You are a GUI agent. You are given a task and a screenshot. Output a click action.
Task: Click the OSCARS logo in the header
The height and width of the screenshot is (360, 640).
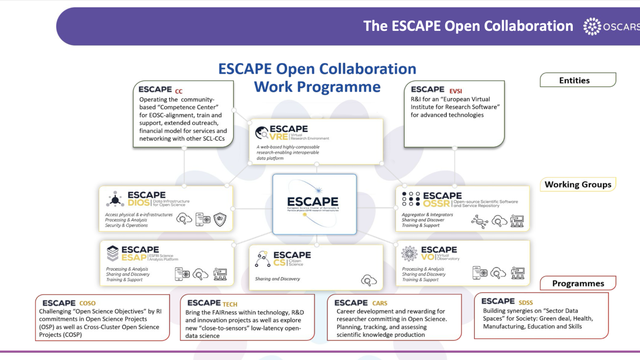611,26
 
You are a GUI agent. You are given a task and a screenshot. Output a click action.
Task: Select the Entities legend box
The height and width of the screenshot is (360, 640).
578,80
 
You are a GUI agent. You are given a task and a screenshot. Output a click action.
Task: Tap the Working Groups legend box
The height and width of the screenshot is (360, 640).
578,184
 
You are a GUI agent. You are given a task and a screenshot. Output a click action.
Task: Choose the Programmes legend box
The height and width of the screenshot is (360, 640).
578,283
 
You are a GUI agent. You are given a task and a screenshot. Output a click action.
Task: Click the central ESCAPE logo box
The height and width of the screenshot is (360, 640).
314,204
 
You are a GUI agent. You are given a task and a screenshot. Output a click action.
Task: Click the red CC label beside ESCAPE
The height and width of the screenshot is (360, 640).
178,92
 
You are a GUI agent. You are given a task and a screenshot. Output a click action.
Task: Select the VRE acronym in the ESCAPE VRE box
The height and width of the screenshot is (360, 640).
279,137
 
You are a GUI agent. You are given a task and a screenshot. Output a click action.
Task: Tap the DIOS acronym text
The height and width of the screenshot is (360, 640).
139,203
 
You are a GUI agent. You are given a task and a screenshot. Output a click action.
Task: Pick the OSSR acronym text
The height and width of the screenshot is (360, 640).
436,204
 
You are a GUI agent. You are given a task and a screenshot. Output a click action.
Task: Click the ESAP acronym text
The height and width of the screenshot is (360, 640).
134,258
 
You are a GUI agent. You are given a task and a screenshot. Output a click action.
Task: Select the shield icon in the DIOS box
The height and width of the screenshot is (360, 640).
220,220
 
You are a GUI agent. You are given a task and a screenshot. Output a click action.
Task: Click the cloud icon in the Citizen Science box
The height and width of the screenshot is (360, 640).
369,280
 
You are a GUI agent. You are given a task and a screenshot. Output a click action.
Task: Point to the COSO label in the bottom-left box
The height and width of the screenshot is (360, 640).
87,304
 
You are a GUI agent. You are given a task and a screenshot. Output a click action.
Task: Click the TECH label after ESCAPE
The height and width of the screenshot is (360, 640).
230,304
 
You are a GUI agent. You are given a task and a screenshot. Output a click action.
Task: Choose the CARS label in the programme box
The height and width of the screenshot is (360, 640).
380,304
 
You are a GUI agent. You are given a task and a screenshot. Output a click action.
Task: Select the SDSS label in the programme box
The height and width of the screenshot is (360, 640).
526,303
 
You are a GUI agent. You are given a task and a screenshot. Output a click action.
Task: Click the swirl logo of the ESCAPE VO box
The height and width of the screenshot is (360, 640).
409,254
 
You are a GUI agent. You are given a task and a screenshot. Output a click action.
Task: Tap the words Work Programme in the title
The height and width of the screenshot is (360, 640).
317,87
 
